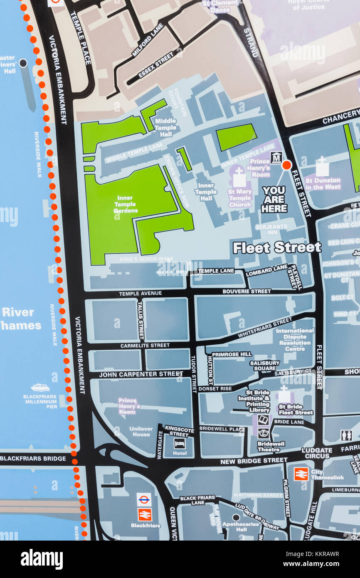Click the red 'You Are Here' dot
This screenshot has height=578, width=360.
[x=286, y=165]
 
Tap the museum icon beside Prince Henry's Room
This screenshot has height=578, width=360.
[x=276, y=158]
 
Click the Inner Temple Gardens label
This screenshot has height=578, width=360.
[x=126, y=204]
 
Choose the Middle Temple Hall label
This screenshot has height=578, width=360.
[x=165, y=127]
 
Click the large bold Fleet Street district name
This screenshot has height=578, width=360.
[x=277, y=248]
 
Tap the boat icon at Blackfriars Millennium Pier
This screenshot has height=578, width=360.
[x=40, y=388]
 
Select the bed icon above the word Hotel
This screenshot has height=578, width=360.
[x=180, y=443]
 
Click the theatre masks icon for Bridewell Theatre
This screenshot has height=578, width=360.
[x=263, y=433]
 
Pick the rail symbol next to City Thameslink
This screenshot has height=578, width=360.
[x=301, y=474]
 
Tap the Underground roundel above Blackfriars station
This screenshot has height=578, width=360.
[x=144, y=499]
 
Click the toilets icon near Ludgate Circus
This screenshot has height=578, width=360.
[x=346, y=435]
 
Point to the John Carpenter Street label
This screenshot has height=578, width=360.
[x=141, y=374]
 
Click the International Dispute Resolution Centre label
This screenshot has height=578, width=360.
[x=295, y=340]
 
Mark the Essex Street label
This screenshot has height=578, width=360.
[x=156, y=65]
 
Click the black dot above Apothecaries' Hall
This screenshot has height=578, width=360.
[x=236, y=518]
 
